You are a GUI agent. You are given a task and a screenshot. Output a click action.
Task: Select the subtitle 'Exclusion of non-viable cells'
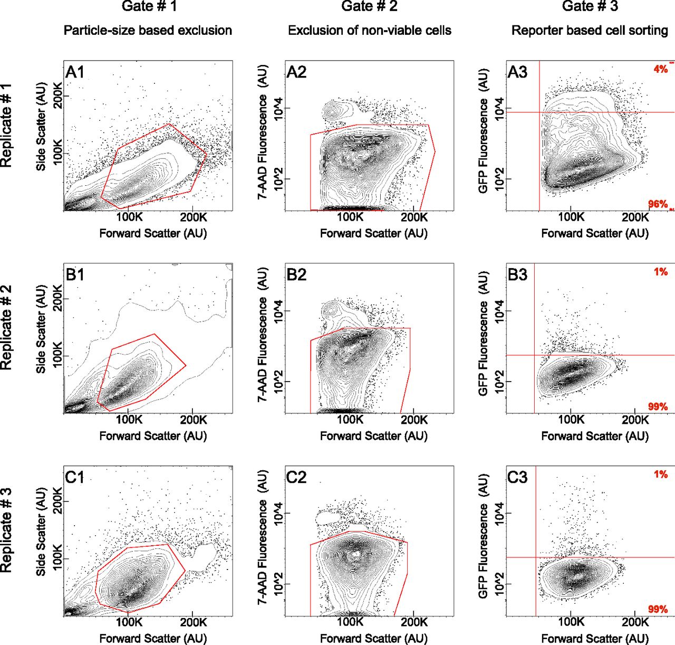369,31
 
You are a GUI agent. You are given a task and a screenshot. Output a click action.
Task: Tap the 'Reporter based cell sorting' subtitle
590,31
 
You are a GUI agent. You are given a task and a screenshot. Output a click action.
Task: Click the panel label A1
74,72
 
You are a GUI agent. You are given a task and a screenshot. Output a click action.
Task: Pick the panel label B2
296,274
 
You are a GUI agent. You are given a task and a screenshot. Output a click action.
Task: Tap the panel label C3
517,477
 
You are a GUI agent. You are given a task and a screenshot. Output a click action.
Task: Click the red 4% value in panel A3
660,69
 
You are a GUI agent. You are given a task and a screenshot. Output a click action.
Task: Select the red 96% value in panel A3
658,204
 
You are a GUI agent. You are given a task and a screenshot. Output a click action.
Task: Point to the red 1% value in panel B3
661,272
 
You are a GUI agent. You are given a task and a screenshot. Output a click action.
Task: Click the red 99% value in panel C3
658,609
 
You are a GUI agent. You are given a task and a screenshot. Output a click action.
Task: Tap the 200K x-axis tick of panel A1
193,217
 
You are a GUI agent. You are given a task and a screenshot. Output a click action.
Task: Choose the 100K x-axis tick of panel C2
350,622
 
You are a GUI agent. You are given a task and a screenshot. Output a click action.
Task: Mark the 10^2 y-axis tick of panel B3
498,382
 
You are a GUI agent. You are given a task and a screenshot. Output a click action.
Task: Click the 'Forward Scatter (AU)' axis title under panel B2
373,436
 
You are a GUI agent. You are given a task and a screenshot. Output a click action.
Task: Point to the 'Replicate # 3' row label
6,530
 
